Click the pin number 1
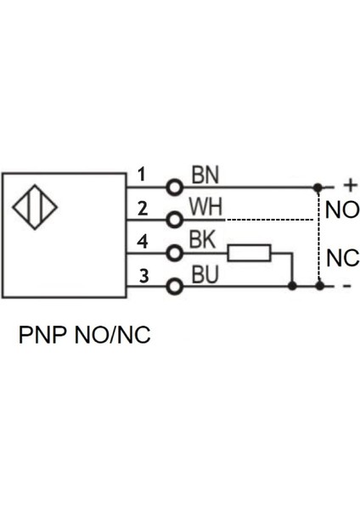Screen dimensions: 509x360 142,175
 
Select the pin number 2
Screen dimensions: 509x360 143,208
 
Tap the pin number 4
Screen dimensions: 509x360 143,242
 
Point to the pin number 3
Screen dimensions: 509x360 143,275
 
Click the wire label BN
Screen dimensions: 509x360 205,175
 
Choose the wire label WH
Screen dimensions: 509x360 205,207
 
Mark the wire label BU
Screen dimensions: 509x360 205,274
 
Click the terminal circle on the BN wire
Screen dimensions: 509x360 176,187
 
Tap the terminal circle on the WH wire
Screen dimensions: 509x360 176,220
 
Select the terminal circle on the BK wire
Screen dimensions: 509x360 176,253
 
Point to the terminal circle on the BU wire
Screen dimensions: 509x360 176,286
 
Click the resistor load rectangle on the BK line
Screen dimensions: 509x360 250,253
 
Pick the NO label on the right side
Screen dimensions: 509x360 341,210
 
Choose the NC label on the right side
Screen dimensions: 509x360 341,257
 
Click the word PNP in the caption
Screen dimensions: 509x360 41,335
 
